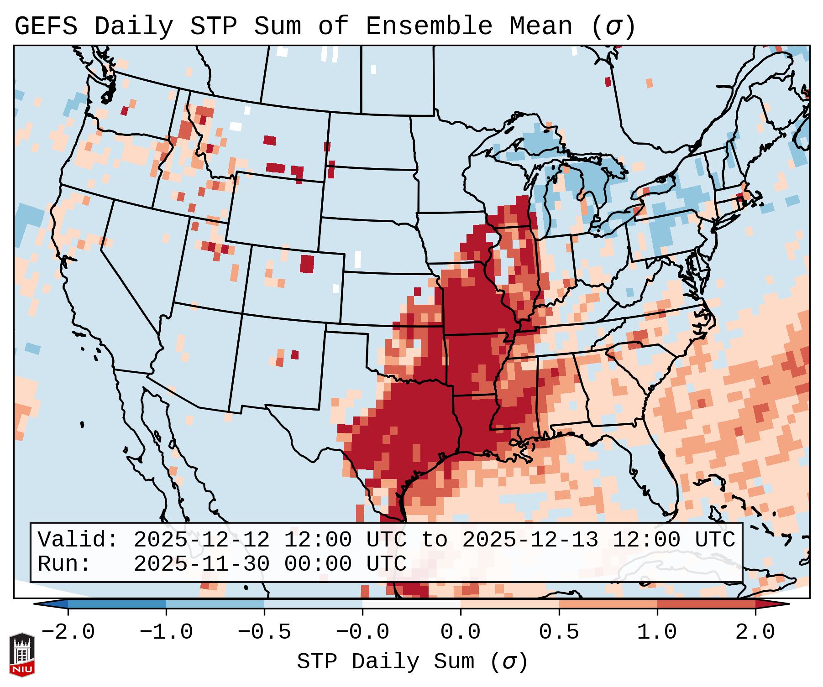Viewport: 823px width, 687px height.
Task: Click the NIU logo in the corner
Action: coord(22,654)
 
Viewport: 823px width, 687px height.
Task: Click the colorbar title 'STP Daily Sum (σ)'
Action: coord(412,662)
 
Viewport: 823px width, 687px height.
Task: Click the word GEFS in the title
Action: coord(46,26)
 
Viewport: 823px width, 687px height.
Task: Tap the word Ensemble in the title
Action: coord(429,26)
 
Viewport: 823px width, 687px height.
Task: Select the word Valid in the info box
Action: coord(78,540)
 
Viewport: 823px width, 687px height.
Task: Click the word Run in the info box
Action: coord(64,564)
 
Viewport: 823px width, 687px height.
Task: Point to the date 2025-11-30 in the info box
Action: coord(201,564)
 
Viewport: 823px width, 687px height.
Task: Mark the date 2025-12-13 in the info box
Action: coord(530,540)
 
